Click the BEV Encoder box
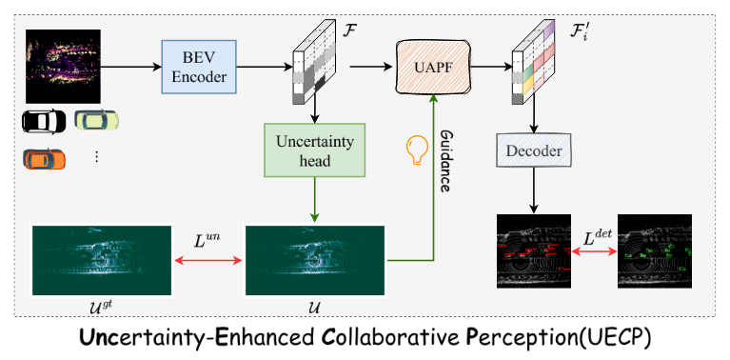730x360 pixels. [199, 67]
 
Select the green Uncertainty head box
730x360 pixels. [314, 150]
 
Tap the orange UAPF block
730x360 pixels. [433, 67]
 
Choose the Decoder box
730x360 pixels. [534, 150]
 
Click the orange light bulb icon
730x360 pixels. [417, 150]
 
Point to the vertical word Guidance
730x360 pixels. [444, 161]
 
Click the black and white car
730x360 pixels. [44, 122]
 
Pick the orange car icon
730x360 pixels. [45, 159]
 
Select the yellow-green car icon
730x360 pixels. [97, 120]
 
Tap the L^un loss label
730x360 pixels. [207, 239]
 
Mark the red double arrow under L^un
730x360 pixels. [207, 261]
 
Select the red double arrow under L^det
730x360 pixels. [595, 251]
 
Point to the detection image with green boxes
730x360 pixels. [654, 251]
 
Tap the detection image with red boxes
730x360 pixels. [534, 251]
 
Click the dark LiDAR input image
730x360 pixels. [63, 67]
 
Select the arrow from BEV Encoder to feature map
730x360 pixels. [265, 67]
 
